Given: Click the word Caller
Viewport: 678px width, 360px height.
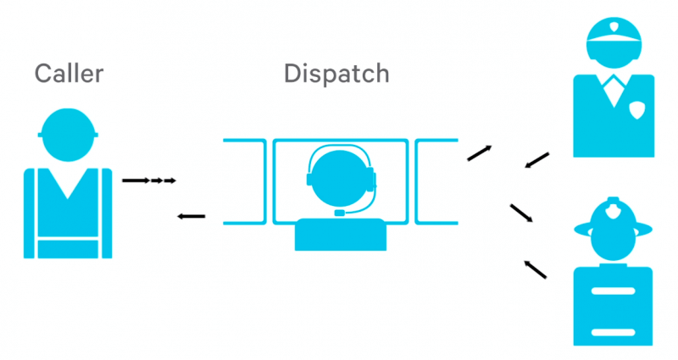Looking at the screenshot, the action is tap(69, 74).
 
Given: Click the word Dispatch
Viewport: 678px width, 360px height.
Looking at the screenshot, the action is tap(336, 75).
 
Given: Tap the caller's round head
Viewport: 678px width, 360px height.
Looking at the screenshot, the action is tap(68, 135).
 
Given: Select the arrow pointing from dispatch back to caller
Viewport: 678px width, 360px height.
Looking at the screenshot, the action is tap(192, 216).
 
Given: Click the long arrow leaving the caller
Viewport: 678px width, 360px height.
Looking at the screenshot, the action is tap(136, 180).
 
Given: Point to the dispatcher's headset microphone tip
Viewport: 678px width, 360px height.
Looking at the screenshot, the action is tap(340, 213).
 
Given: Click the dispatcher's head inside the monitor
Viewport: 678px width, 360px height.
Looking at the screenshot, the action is tap(340, 178).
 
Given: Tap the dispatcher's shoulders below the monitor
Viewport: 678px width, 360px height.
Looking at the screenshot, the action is tap(341, 235).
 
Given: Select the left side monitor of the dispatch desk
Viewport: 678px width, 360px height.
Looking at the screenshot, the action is tap(245, 181).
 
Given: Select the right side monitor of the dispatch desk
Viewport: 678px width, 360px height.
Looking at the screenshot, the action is tap(436, 181).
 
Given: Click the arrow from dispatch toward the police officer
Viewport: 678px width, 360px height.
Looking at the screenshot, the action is tap(480, 153).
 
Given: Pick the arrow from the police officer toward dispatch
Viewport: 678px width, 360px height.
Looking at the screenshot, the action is tap(537, 160).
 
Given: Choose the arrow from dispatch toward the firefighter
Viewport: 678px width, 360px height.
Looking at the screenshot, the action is tap(521, 213).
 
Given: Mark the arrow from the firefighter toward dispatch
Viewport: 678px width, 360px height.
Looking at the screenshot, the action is tap(536, 269).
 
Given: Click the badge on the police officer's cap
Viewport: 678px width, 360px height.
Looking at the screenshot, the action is tap(614, 28).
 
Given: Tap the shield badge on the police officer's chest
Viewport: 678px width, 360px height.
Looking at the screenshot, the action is tap(637, 110).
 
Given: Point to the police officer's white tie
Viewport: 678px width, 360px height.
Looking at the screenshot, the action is tap(614, 92).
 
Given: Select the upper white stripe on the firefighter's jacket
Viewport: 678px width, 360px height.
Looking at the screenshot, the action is tap(613, 291).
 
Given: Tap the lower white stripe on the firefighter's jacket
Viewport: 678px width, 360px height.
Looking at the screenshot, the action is tap(613, 332).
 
